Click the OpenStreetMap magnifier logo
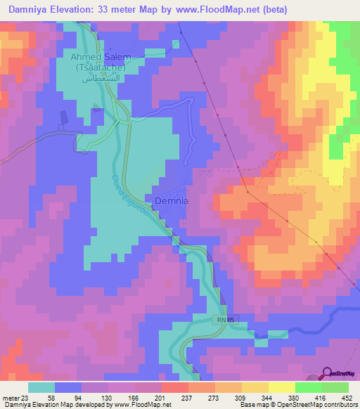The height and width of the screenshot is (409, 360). [x=328, y=374]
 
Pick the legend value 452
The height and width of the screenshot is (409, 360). [x=347, y=398]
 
